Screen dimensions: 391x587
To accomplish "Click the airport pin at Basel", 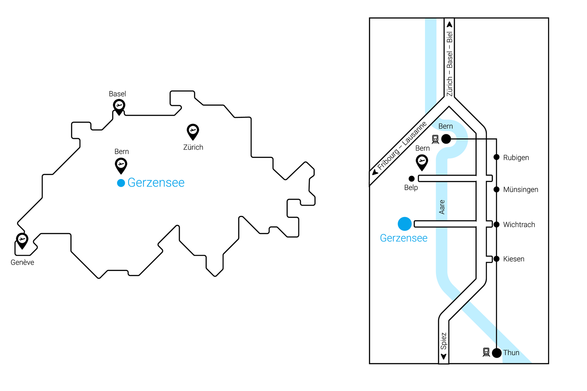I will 119,106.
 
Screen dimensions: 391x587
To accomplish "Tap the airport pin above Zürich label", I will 193,131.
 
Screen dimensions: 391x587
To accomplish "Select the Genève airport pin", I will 22,240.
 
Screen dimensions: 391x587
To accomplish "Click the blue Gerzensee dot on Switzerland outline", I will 121,183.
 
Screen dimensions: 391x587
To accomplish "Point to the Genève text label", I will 22,262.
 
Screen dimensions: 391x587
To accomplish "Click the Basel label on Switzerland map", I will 117,94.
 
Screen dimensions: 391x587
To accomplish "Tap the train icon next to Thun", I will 486,352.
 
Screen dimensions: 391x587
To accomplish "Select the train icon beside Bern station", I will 435,139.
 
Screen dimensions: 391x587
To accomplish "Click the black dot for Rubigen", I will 497,157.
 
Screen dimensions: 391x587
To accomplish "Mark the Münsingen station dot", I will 497,189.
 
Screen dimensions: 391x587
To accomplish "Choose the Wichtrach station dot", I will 497,225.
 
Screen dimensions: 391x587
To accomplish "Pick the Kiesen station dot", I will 497,259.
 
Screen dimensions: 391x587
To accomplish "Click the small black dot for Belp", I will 412,179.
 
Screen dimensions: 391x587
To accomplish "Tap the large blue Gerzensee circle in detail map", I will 405,224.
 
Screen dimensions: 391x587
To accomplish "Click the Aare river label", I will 442,207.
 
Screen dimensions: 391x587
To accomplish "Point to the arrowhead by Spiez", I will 444,356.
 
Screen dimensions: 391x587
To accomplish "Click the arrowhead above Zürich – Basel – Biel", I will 449,24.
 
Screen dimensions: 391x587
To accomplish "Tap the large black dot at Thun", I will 497,353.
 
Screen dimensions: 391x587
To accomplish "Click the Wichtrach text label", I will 519,225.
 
